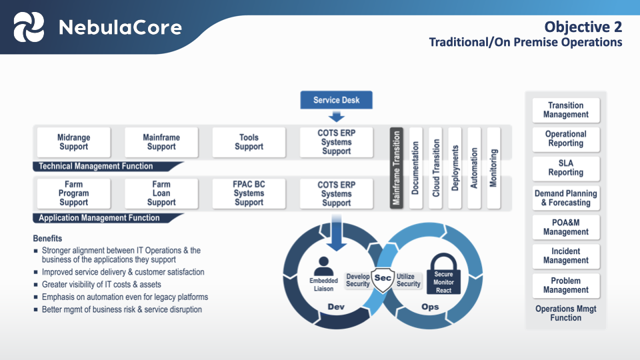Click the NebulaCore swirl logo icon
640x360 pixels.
(x=29, y=27)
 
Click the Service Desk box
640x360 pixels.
(x=336, y=101)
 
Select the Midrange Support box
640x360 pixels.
(x=74, y=142)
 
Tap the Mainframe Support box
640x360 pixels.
(x=161, y=142)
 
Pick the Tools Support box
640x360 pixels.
(x=249, y=142)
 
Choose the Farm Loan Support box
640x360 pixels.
(x=161, y=193)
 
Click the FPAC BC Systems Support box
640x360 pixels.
(x=249, y=193)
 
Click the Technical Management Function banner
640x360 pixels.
(x=97, y=166)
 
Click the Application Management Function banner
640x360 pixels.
(x=100, y=218)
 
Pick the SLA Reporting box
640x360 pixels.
(x=566, y=168)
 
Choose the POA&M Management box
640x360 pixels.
(x=566, y=227)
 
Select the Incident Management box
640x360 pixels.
(x=566, y=256)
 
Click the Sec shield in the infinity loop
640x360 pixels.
(x=383, y=279)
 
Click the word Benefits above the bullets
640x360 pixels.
(x=47, y=239)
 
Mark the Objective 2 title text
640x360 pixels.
(x=583, y=27)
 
